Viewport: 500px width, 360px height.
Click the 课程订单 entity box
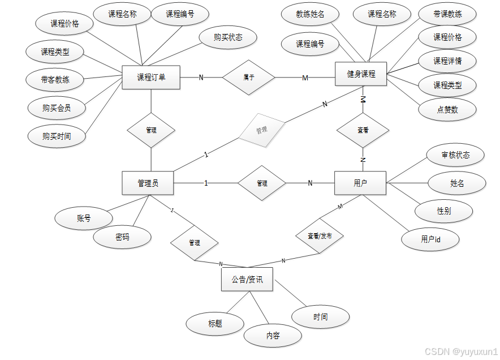click(151, 77)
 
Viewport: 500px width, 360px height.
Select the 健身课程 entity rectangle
click(361, 74)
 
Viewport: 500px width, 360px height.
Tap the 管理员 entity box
click(148, 183)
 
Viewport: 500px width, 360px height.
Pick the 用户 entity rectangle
click(360, 183)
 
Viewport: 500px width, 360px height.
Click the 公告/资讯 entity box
click(247, 280)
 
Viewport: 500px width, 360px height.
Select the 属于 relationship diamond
click(248, 77)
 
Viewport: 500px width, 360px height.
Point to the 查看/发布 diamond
click(320, 236)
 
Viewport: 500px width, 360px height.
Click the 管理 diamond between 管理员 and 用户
click(262, 183)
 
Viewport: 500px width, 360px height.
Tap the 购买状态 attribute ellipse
click(228, 37)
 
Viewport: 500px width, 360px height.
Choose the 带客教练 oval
click(55, 80)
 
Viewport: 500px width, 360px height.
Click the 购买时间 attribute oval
click(57, 136)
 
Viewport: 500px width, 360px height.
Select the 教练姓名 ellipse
click(310, 14)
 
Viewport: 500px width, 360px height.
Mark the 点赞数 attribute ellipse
click(447, 110)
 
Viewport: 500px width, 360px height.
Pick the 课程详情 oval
click(447, 61)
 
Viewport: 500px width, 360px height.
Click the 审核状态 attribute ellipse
click(455, 155)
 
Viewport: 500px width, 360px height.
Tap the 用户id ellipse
click(430, 239)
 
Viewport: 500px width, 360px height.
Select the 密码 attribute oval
click(122, 237)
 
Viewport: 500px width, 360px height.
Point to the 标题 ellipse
click(215, 324)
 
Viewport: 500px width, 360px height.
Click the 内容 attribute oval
click(273, 336)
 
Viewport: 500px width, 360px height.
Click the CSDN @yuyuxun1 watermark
click(461, 352)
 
